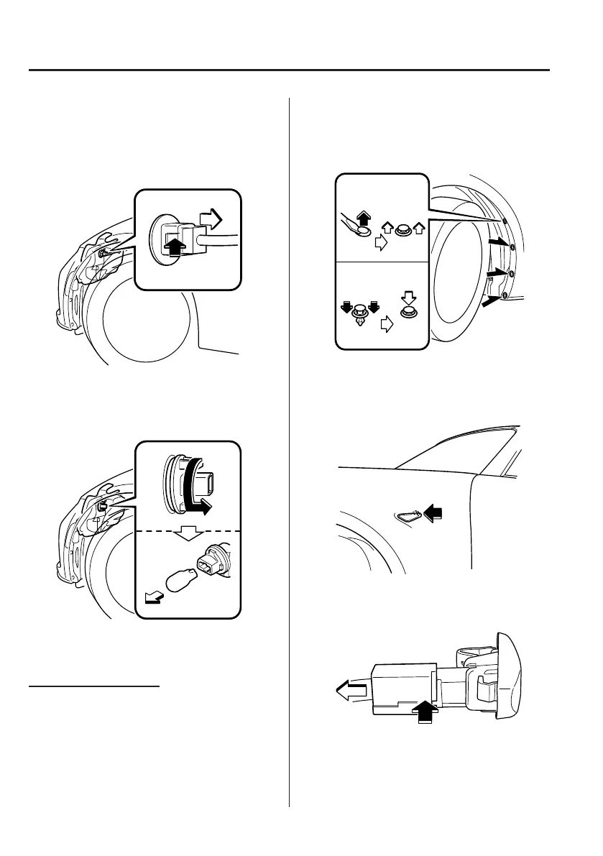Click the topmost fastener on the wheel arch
(505, 221)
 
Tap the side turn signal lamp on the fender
(409, 514)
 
